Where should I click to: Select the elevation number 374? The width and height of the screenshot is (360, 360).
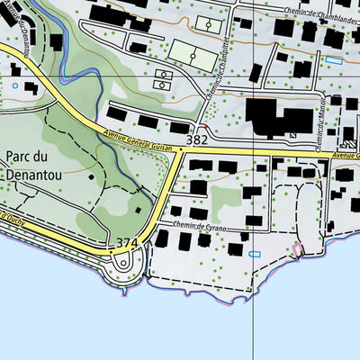click(126, 244)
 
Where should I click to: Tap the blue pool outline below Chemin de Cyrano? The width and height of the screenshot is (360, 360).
click(253, 255)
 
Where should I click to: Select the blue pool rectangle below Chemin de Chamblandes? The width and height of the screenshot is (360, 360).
click(333, 60)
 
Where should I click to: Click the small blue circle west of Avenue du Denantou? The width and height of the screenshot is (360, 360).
click(14, 85)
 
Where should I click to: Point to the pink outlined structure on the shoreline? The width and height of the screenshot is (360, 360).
click(297, 250)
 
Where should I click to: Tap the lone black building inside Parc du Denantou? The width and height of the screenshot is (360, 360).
click(139, 211)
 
